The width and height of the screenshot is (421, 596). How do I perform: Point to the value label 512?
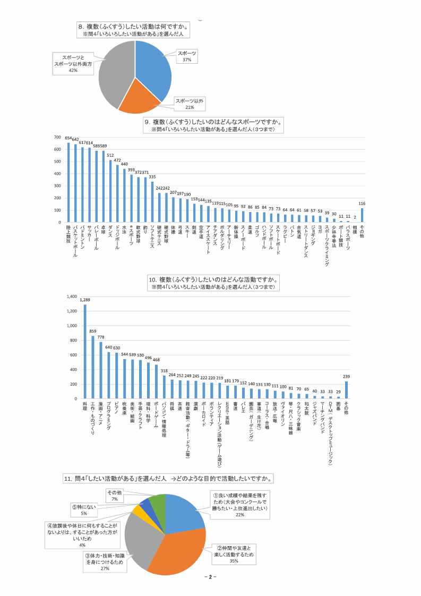[110, 155]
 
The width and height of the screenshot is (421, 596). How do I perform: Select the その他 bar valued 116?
[362, 215]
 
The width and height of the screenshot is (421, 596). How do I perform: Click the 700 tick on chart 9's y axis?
[58, 138]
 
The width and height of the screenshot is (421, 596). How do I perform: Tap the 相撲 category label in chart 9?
[355, 229]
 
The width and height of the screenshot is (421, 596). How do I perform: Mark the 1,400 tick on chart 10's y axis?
[71, 296]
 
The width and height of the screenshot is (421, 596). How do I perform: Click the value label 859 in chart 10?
[93, 331]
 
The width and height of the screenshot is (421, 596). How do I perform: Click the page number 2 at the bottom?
[210, 577]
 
